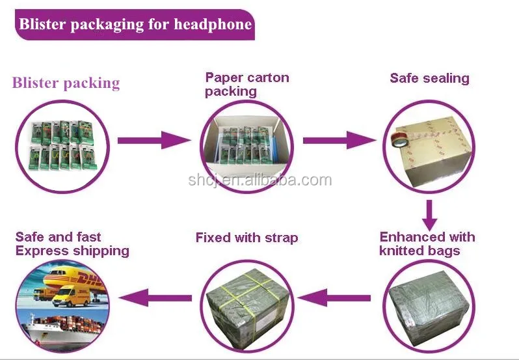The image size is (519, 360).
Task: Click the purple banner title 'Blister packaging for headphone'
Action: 135,25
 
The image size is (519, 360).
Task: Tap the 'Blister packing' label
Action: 66,83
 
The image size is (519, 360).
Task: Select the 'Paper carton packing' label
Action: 246,85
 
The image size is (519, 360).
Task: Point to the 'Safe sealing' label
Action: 429,78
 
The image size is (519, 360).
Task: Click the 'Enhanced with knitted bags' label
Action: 427,243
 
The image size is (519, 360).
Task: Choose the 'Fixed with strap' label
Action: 246,238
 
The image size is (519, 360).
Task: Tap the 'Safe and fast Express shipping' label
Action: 72,243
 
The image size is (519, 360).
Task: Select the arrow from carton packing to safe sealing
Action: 339,139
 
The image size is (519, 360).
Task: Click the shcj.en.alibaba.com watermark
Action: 259,180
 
